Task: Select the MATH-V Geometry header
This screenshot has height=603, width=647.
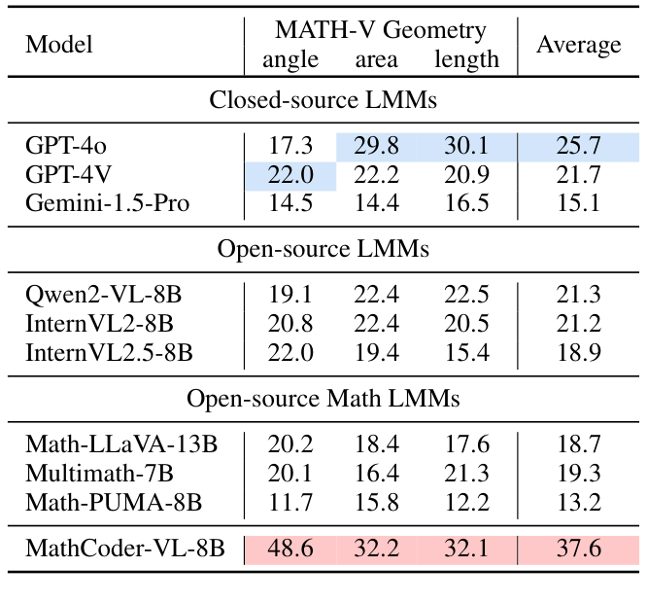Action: pos(380,31)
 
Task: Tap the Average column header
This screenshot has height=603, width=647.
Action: pos(578,45)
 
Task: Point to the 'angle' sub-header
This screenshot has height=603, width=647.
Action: pos(290,60)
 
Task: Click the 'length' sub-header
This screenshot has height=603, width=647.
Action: pos(466,60)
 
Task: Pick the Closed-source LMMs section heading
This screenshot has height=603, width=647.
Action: pos(323,100)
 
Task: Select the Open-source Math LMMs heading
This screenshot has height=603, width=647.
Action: pos(323,399)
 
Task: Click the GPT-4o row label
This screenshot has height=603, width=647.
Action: pos(66,147)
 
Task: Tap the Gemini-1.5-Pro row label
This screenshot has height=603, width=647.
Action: pos(107,204)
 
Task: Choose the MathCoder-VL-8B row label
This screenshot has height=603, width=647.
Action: pos(125,550)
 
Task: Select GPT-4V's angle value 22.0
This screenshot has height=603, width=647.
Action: pos(290,176)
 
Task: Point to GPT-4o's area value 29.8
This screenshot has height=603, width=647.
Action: pos(378,147)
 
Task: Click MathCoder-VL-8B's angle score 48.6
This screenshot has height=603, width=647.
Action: pos(290,550)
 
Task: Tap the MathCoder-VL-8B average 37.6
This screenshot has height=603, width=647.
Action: pos(578,550)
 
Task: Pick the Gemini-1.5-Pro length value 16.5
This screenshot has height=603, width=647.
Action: pos(466,204)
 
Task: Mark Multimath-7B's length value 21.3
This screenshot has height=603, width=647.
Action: pos(466,474)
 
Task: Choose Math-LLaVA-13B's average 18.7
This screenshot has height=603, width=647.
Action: pos(578,445)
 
